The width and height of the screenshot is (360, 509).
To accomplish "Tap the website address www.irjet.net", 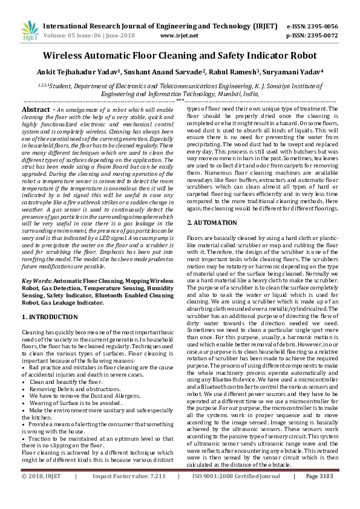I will click(x=175, y=36).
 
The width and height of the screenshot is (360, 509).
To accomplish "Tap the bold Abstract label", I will click(x=36, y=109).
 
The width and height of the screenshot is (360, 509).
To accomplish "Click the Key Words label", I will click(x=36, y=282).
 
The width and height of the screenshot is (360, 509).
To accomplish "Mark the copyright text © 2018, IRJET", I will click(x=42, y=494).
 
